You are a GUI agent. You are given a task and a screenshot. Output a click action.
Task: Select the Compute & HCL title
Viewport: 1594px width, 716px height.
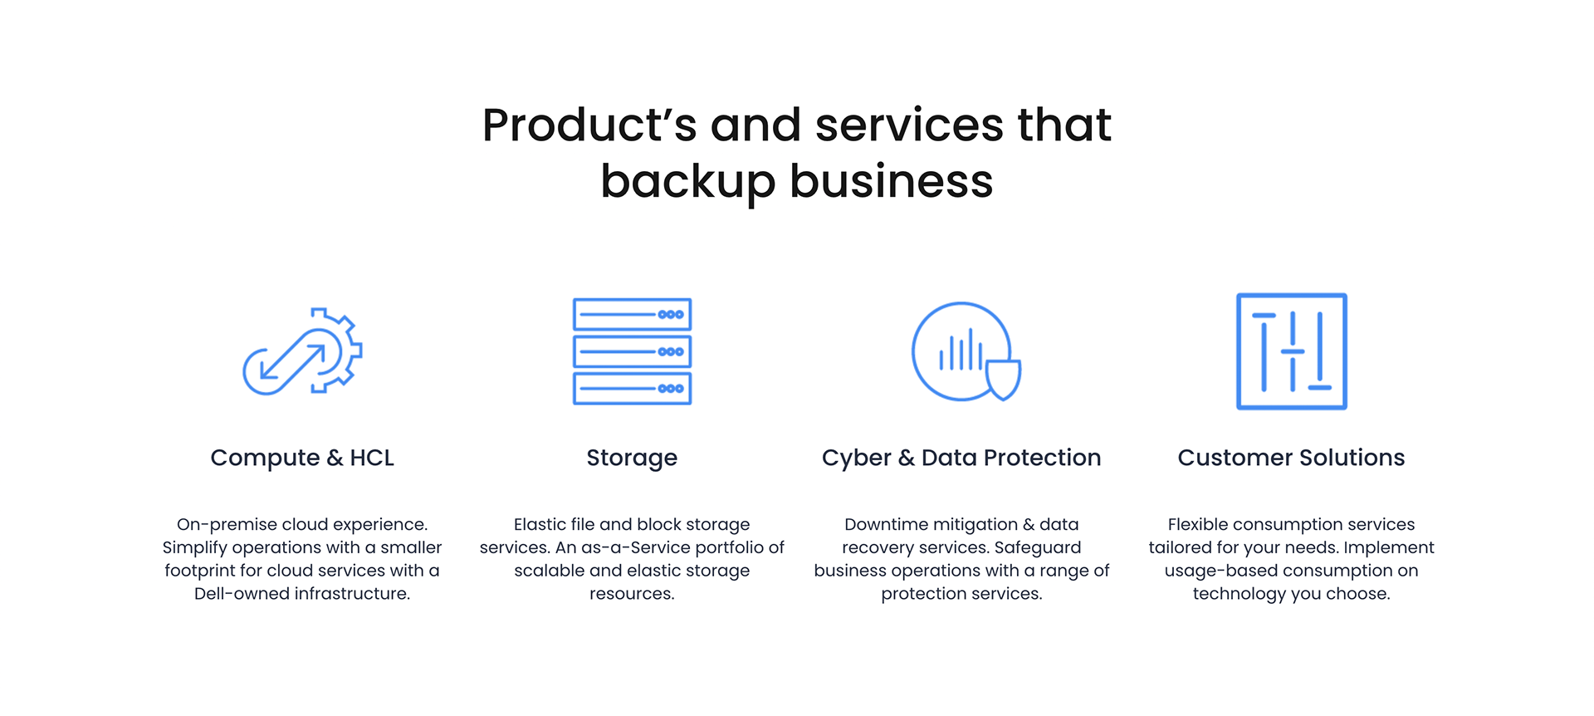(x=302, y=458)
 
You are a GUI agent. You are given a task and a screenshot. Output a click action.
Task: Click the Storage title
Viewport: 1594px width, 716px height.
(x=632, y=458)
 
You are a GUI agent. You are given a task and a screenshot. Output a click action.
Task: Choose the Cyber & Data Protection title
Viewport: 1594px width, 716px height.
(x=961, y=458)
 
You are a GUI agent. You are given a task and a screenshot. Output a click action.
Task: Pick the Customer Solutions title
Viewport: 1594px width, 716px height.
(x=1291, y=458)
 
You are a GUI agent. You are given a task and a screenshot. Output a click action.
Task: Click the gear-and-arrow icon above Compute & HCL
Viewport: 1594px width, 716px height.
(x=302, y=351)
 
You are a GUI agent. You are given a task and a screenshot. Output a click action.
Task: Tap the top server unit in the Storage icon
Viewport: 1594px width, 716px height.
(x=632, y=315)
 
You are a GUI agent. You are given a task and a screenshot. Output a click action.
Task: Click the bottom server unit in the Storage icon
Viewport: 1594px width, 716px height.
(x=632, y=388)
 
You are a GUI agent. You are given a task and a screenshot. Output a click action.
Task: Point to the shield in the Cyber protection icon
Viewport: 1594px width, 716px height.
(x=1003, y=379)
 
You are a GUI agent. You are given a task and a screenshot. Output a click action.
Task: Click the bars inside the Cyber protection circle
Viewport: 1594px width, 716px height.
(x=961, y=351)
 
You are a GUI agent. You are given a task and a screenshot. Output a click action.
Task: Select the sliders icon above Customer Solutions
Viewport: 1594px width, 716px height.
(x=1291, y=351)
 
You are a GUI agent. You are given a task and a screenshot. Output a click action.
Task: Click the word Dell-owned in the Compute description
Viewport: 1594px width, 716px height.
(x=231, y=594)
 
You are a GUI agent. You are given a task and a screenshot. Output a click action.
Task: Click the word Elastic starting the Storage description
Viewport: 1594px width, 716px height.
(x=540, y=524)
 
